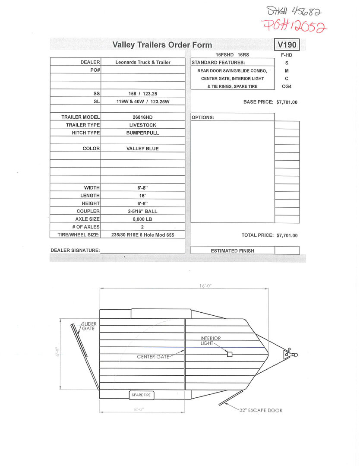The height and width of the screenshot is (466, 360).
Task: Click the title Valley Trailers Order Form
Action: pos(162,45)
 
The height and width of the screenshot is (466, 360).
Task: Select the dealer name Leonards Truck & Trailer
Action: pos(143,62)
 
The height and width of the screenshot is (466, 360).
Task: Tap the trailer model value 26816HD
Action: pos(143,117)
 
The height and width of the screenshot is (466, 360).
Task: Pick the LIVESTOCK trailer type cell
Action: pos(143,125)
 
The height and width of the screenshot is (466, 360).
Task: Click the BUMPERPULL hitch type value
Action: pos(143,133)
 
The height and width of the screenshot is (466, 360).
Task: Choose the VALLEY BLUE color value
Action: pos(143,149)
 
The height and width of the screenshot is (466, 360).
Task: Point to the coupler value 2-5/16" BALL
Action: pos(143,211)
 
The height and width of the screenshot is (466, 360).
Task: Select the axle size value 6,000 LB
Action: pos(143,219)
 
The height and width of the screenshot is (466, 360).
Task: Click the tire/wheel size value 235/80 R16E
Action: pos(143,235)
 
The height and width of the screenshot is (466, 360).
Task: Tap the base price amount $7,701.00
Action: pos(287,102)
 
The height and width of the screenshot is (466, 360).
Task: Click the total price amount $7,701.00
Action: pos(287,235)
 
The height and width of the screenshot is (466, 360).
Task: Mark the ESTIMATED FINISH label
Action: pos(232,250)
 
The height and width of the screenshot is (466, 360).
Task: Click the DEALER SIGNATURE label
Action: pos(75,250)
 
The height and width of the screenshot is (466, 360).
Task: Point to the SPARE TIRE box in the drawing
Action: pos(142,395)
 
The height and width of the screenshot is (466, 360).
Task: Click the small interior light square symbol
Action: pos(230,354)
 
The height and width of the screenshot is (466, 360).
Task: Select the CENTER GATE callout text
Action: pos(153,357)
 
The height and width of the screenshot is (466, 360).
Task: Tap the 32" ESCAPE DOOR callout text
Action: pos(261,410)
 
